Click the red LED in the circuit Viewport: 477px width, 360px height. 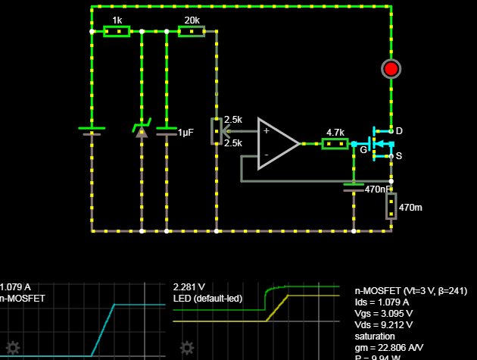tap(391, 69)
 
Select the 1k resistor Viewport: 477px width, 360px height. tap(117, 32)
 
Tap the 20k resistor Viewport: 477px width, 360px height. tap(192, 32)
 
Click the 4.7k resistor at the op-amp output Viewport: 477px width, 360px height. tap(335, 143)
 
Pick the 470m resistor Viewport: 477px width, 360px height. tap(391, 205)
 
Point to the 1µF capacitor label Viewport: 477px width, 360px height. tap(186, 132)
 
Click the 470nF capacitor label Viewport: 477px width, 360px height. tap(378, 189)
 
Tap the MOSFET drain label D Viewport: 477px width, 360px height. tap(399, 131)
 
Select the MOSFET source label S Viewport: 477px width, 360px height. tap(399, 156)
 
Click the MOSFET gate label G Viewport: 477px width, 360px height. tap(363, 150)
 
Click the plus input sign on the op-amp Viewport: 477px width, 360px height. tap(266, 130)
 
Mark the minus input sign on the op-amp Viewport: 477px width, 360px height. tap(266, 155)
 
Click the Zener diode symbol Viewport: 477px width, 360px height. tap(141, 130)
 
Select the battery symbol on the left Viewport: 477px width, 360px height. tap(92, 130)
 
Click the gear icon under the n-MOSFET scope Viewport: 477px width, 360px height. tap(12, 349)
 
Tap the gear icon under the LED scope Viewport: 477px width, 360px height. tap(187, 349)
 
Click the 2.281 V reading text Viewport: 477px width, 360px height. tap(189, 287)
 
